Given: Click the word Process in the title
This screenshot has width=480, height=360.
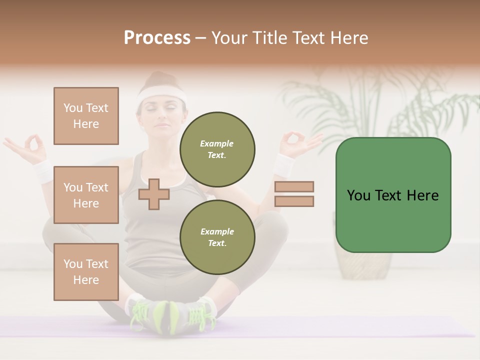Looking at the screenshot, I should (x=157, y=37).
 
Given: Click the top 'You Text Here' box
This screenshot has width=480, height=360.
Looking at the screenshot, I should (x=86, y=116).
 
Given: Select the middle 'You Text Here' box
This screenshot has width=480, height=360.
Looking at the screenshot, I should (x=86, y=195).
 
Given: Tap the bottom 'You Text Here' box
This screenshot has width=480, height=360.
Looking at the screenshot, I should (x=86, y=272).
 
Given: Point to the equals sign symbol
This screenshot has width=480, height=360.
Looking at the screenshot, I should (x=294, y=194).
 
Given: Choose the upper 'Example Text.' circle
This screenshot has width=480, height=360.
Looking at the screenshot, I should (x=217, y=149).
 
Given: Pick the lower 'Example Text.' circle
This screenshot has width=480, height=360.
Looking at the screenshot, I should (x=217, y=237).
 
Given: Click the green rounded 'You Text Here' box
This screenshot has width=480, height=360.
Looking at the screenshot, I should (x=393, y=195).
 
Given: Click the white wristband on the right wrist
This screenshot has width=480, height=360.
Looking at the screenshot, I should (x=285, y=165).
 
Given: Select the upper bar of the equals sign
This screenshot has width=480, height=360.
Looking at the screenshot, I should (x=294, y=187).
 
